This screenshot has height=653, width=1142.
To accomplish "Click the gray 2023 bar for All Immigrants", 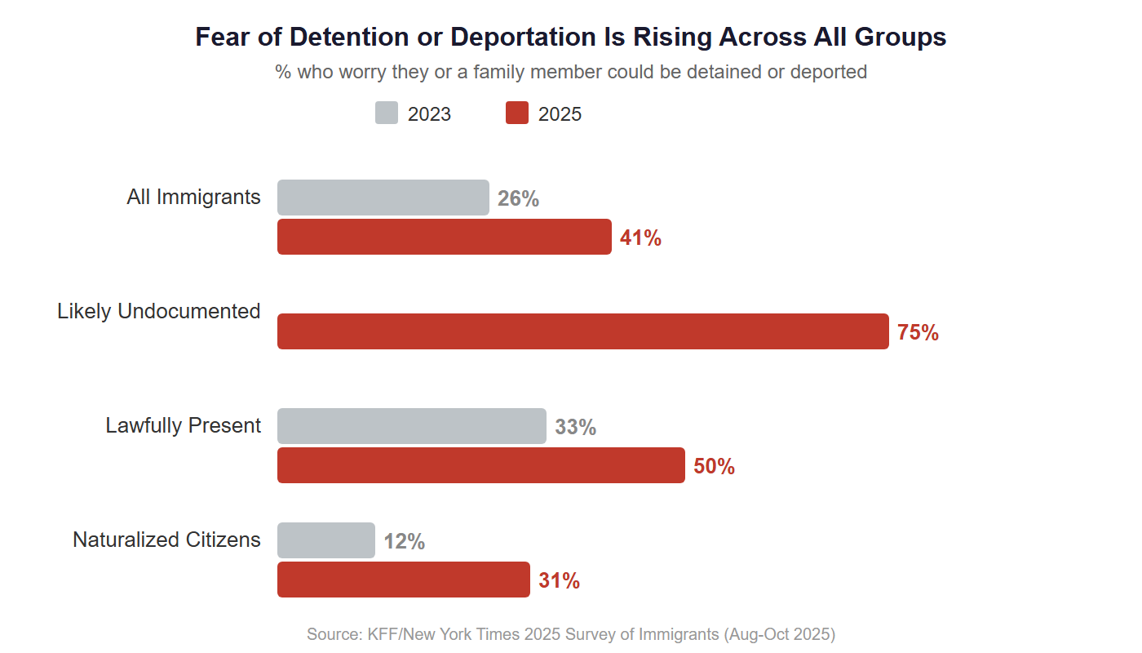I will tap(383, 198).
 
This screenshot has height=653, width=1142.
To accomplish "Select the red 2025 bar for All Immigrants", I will tap(445, 237).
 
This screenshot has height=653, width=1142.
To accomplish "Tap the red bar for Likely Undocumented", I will tap(583, 331).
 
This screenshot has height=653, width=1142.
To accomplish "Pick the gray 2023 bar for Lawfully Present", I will tap(412, 426).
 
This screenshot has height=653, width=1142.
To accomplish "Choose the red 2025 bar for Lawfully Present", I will tap(481, 465).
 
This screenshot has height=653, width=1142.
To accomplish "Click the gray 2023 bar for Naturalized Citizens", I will tap(326, 540).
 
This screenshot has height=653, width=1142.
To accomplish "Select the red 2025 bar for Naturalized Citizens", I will tap(404, 580).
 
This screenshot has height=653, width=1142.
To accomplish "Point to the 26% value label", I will tap(518, 198).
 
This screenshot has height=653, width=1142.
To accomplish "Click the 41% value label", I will tap(640, 238).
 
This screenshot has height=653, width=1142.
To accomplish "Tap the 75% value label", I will tap(918, 332).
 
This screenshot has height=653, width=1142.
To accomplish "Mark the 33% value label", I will tap(575, 427).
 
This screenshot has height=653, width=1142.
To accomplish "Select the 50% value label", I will tap(714, 466).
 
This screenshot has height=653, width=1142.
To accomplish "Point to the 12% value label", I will tap(404, 541).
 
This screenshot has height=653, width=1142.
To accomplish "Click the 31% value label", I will tap(559, 580).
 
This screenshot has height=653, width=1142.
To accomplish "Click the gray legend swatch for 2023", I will tap(387, 113).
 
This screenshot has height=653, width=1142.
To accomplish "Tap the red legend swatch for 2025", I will tap(517, 113).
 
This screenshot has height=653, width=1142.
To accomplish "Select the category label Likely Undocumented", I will tap(159, 311).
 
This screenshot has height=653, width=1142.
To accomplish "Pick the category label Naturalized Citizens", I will tap(166, 540).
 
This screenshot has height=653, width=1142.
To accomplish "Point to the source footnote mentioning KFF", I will tap(571, 634).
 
